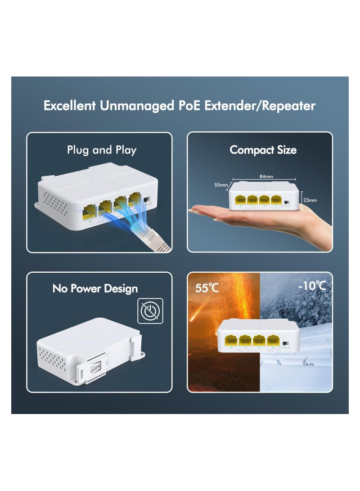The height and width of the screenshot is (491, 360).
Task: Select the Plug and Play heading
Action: [x=101, y=150]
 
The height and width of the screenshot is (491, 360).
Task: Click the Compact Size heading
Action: [x=263, y=150]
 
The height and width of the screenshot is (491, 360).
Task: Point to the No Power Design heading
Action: [x=95, y=288]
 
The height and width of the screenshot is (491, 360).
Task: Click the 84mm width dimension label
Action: [x=265, y=176]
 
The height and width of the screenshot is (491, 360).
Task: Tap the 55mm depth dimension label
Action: [x=221, y=185]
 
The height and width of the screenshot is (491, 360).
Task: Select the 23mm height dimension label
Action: [x=310, y=200]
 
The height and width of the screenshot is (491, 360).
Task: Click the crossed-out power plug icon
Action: [x=150, y=311]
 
